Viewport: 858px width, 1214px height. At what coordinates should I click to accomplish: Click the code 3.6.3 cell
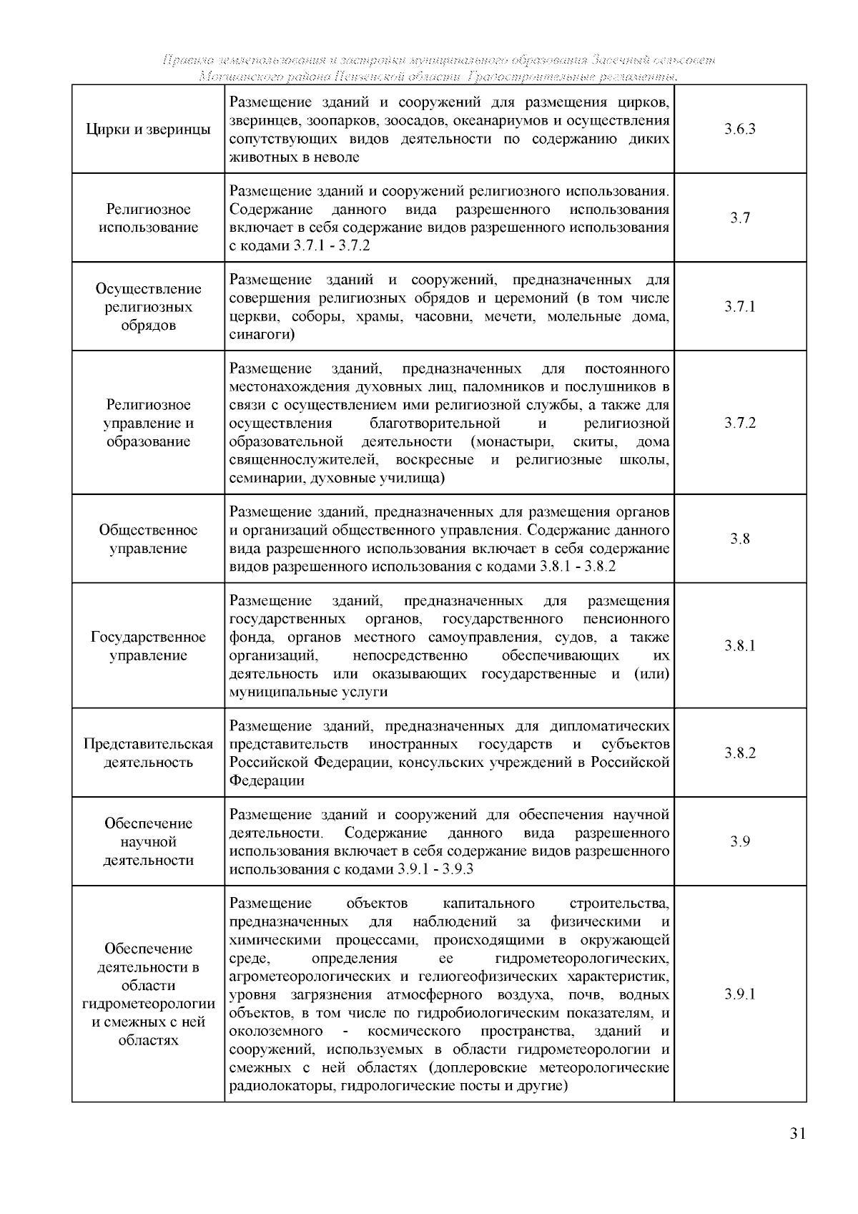pyautogui.click(x=740, y=129)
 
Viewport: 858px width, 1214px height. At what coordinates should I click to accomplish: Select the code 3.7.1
pyautogui.click(x=740, y=307)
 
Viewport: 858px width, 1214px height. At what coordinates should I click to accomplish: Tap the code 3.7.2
pyautogui.click(x=740, y=423)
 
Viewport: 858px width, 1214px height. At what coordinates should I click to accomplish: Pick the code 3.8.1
pyautogui.click(x=740, y=646)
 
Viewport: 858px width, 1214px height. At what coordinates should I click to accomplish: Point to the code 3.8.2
pyautogui.click(x=740, y=753)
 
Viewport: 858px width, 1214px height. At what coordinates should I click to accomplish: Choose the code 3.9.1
pyautogui.click(x=740, y=994)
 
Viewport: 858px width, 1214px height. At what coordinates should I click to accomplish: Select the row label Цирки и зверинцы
pyautogui.click(x=148, y=129)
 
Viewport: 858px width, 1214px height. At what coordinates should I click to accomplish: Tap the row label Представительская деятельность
pyautogui.click(x=148, y=753)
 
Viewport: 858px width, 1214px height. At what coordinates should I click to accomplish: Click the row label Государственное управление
pyautogui.click(x=148, y=647)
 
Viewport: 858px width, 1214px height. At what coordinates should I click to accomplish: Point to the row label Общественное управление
pyautogui.click(x=148, y=539)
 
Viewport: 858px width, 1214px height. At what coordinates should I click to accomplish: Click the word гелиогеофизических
pyautogui.click(x=510, y=976)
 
